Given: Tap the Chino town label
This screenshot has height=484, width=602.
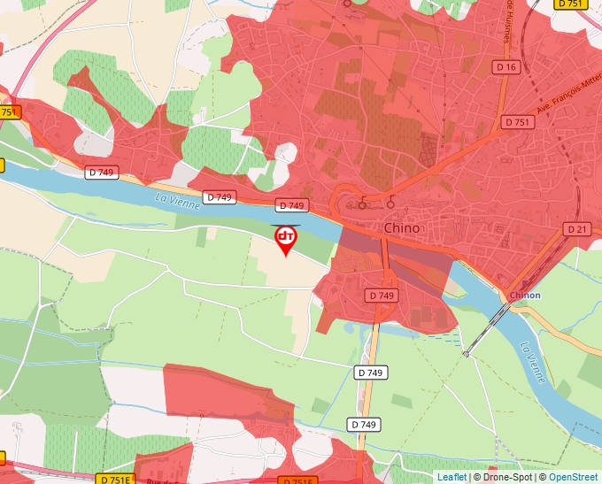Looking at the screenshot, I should [x=402, y=228].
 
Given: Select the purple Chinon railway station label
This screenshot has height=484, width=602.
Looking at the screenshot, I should [x=525, y=295].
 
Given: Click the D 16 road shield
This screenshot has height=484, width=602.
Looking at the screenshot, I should [x=506, y=67].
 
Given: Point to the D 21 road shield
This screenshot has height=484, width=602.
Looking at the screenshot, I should [x=576, y=229].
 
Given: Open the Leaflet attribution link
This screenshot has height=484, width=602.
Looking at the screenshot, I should [x=451, y=477].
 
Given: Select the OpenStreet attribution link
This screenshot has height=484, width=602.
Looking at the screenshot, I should [x=574, y=477].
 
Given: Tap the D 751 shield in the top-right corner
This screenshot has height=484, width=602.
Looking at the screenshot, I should [x=572, y=4].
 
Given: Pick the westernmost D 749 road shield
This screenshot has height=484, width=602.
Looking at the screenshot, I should [x=102, y=173].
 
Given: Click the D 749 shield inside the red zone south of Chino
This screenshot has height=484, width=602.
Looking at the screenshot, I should [x=382, y=295].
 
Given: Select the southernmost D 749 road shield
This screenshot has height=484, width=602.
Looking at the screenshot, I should [x=363, y=425].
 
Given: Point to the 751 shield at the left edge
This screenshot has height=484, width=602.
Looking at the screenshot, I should [x=9, y=111].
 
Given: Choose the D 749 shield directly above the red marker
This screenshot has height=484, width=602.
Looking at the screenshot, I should [x=291, y=205].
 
